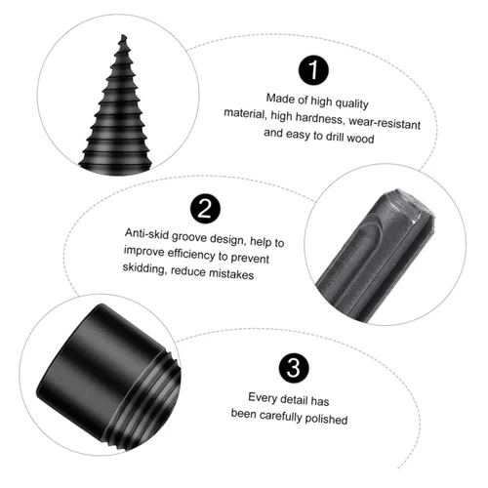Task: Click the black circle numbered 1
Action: pos(313,70)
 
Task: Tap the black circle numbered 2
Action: pos(205,209)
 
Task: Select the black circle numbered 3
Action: pos(294,368)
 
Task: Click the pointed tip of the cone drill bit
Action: pos(123,35)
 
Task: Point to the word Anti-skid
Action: pos(147,234)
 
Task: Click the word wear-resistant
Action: pos(385,123)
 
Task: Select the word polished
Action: pos(326,419)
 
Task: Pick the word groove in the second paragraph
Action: pos(189,237)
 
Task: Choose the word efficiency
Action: pos(191,254)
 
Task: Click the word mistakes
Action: pos(231,274)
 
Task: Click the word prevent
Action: pos(250,258)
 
